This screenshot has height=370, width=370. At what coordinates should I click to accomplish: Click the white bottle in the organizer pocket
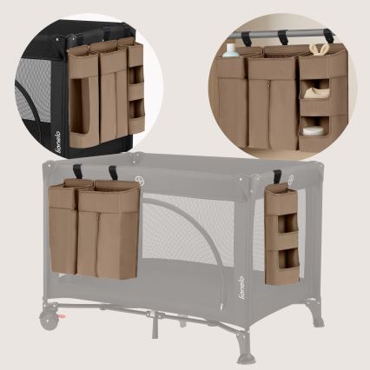click(230, 50)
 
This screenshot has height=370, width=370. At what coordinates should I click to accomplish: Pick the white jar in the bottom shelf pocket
click(314, 131)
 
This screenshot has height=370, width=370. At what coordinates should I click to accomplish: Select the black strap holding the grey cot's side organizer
click(277, 177)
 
